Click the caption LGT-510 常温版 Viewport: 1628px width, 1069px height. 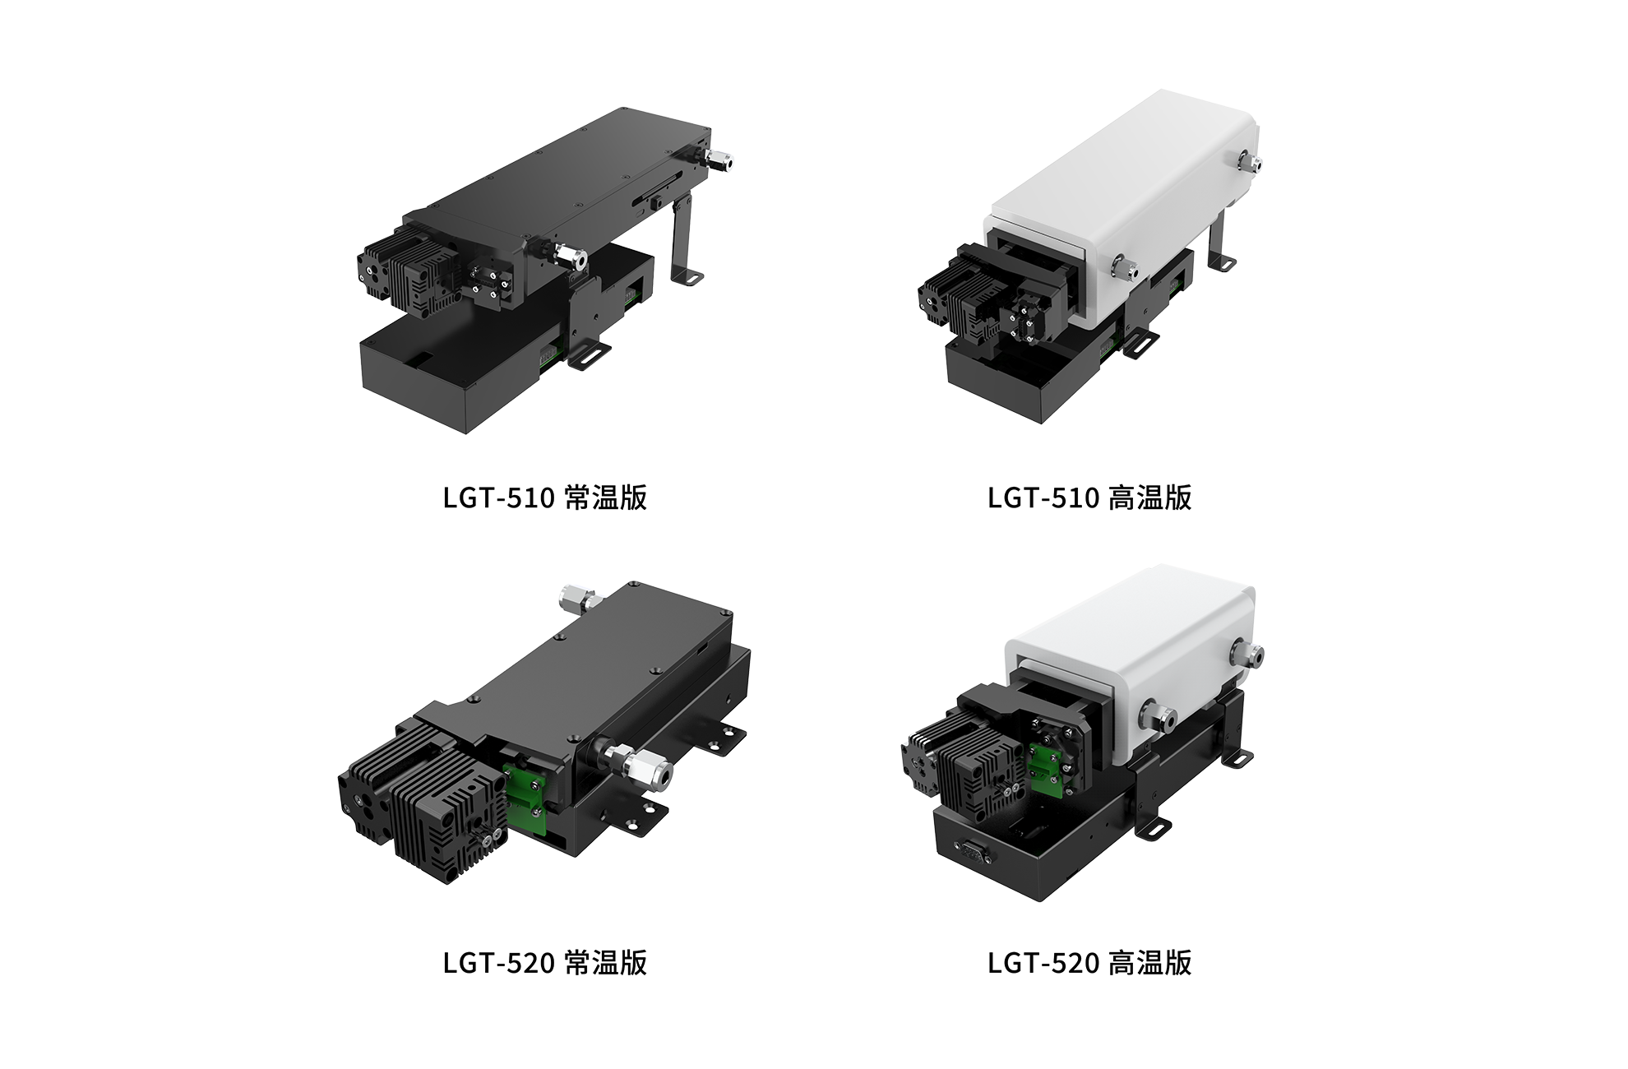point(544,497)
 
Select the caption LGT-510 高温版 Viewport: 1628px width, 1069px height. point(1089,497)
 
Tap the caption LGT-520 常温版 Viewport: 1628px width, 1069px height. point(544,962)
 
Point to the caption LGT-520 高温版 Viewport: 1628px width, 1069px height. point(1089,962)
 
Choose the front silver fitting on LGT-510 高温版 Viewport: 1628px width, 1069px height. point(1124,266)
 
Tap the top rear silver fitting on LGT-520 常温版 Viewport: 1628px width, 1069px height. point(574,598)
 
